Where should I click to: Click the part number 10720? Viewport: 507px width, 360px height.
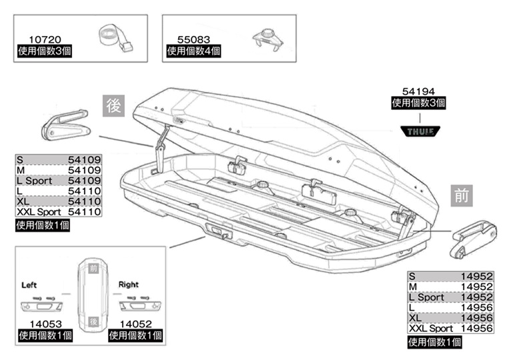[42, 39]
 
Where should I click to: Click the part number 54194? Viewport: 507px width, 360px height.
[418, 91]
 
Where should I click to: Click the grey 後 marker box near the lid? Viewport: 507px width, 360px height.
[114, 105]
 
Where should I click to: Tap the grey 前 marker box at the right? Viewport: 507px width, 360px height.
[462, 196]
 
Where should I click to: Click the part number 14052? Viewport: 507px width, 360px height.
[133, 324]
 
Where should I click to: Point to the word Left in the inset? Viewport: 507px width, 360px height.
[30, 285]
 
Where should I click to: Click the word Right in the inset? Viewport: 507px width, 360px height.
[129, 285]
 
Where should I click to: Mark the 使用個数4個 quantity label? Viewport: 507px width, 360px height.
[193, 51]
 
